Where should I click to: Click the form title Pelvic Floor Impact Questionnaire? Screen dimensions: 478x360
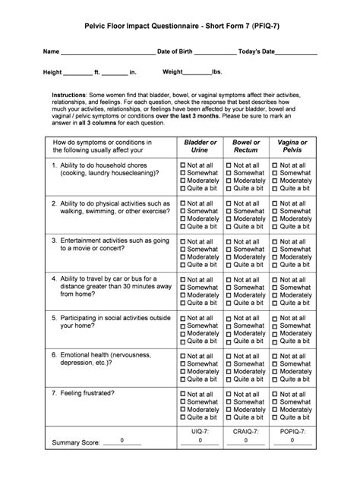[180, 26]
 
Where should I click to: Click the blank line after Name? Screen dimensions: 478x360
[106, 53]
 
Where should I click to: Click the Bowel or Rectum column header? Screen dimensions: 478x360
[246, 146]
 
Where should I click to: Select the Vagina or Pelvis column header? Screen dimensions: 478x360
[292, 146]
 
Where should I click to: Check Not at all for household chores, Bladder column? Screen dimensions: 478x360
[183, 165]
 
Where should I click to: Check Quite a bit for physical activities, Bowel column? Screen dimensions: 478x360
[229, 226]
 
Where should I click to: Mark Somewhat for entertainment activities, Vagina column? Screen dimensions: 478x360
[276, 249]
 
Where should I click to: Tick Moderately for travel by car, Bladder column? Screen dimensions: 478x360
[183, 296]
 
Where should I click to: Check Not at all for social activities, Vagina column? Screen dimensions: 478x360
[276, 318]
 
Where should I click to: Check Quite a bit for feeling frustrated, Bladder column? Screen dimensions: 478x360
[183, 417]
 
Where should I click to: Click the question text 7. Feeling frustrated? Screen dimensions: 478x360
[83, 394]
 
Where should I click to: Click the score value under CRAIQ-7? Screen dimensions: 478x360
[246, 440]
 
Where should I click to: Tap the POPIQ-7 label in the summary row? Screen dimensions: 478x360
[292, 430]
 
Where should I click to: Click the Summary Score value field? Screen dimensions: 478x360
[122, 440]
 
